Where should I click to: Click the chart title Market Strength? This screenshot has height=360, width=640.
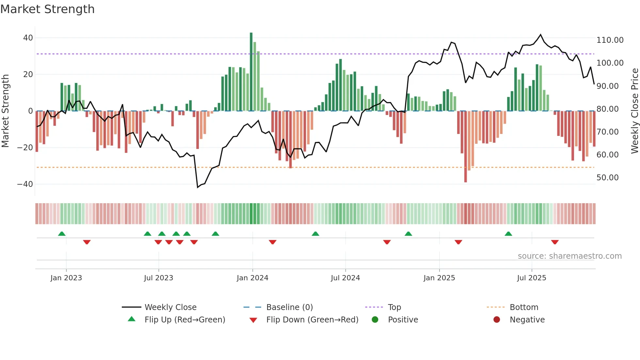47,9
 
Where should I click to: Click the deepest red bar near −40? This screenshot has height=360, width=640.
465,147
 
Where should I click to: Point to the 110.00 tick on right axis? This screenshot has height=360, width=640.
610,40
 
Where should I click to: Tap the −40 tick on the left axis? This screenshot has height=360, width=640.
25,184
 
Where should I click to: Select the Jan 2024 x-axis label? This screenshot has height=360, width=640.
252,278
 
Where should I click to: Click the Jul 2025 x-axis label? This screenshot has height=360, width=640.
532,278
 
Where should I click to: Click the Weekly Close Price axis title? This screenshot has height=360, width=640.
634,111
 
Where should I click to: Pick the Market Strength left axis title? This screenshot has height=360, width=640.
5,111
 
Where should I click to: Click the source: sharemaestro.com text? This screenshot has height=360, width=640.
569,256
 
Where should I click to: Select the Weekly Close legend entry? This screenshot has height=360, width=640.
170,307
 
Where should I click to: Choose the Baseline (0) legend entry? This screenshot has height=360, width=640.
289,307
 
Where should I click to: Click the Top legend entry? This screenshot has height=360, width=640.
394,307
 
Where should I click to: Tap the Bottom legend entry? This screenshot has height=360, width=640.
524,307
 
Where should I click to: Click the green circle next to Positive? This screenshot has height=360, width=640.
375,320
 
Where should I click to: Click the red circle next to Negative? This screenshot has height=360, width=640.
497,320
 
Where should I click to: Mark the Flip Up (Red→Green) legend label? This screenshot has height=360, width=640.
185,320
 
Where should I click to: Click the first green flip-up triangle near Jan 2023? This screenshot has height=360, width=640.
62,234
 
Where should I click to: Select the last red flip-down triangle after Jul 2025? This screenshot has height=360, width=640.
555,242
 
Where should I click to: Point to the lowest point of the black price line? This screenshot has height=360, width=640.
198,187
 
